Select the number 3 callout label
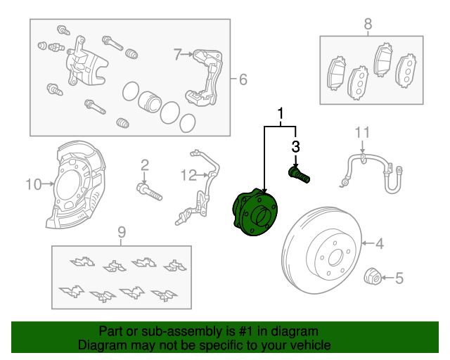tap(295, 146)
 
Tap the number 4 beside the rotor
tap(379, 244)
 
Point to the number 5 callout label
tap(399, 278)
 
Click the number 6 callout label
tap(243, 79)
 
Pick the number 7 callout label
tap(178, 53)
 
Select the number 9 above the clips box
tap(121, 231)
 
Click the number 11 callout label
tap(361, 132)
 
